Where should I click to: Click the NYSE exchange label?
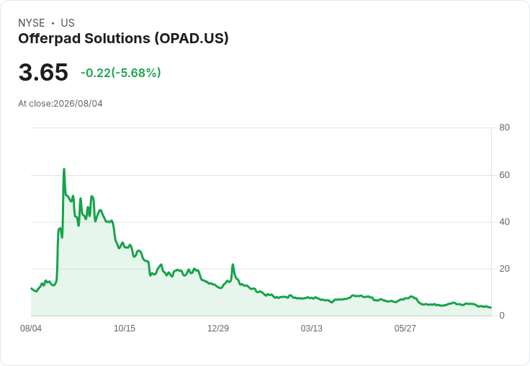pos(32,23)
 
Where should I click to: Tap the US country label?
pos(68,23)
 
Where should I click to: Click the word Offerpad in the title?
pos(50,38)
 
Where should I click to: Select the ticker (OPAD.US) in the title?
pos(192,38)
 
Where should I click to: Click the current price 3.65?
pos(43,72)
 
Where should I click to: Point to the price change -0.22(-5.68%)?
pos(121,73)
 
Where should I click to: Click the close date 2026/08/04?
pos(78,104)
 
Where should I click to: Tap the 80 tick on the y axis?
pos(504,128)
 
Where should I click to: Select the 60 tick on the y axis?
pos(504,175)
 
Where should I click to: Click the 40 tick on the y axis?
pos(504,222)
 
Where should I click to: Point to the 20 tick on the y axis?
pos(504,269)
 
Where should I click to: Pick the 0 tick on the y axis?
pos(502,316)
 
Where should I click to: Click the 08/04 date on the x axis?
pos(31,329)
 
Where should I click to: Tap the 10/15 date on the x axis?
pos(125,329)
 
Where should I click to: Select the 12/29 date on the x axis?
pos(218,329)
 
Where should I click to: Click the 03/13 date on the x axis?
pos(311,329)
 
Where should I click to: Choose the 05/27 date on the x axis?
pos(405,329)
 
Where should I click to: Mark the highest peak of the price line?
pos(64,169)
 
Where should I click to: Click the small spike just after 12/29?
pos(233,264)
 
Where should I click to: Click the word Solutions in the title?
pos(117,38)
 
